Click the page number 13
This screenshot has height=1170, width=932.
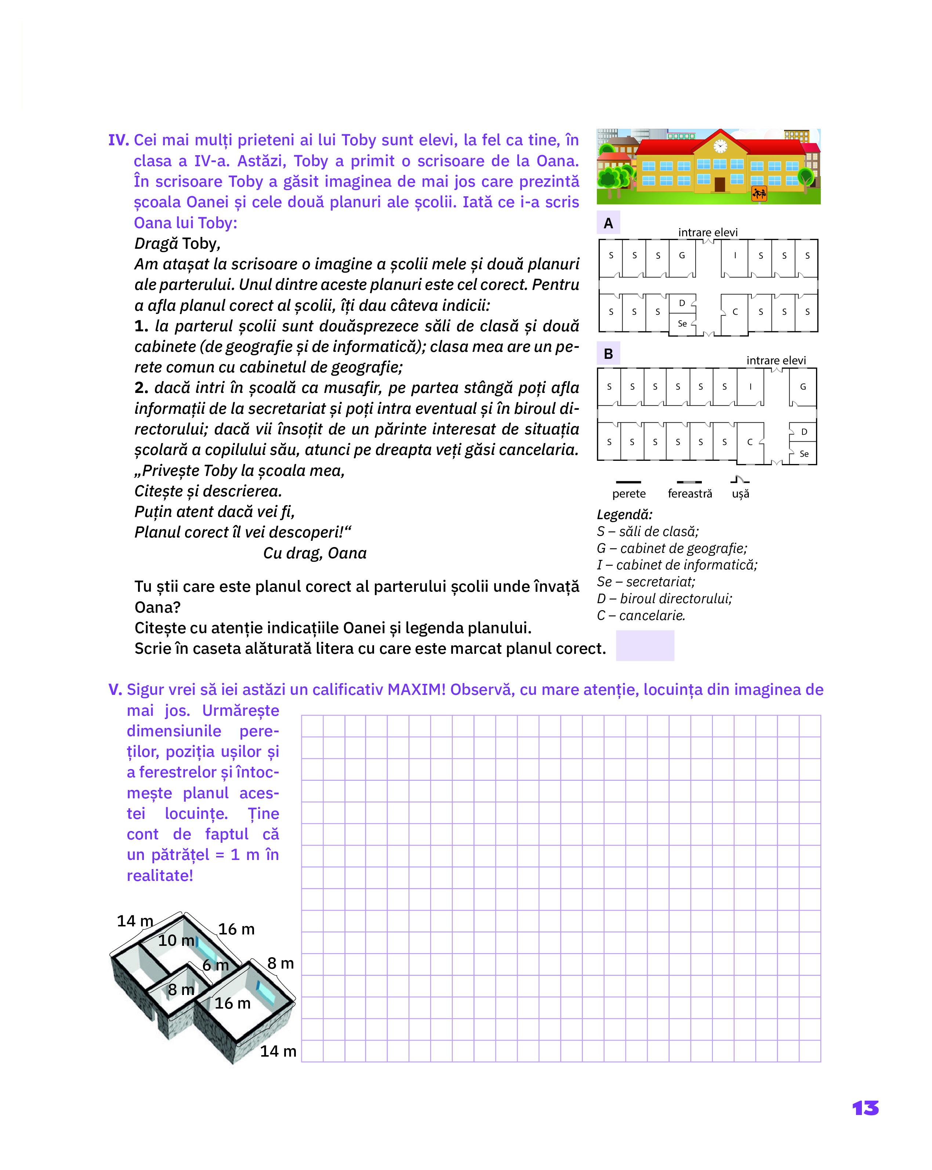click(x=865, y=1108)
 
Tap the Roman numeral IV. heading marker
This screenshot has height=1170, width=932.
click(x=118, y=140)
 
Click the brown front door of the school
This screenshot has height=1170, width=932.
click(x=720, y=185)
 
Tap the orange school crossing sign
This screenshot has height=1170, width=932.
click(x=759, y=193)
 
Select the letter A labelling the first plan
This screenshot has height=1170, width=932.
click(x=609, y=223)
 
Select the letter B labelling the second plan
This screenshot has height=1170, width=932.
click(x=609, y=354)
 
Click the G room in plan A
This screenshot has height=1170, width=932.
click(x=682, y=256)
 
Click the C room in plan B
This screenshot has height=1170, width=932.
click(x=750, y=442)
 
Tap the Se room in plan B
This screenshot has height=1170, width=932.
click(x=804, y=454)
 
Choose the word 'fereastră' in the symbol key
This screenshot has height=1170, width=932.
click(x=689, y=494)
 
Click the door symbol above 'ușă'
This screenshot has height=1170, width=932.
click(x=739, y=480)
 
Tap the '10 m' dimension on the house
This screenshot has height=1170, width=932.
click(x=176, y=940)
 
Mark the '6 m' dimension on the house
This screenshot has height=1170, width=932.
click(x=215, y=965)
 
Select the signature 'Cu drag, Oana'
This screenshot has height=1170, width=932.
click(x=315, y=553)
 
